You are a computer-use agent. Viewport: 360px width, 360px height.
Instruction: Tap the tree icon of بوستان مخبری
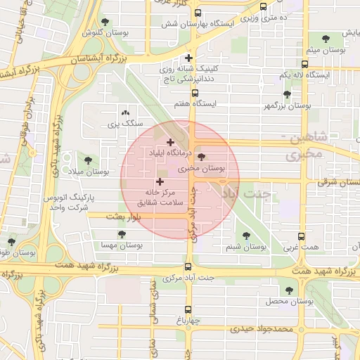click(202, 157)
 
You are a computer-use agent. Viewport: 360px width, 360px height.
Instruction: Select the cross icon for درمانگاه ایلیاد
click(170, 142)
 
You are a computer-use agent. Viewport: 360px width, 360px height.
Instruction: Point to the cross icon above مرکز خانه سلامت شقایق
click(160, 181)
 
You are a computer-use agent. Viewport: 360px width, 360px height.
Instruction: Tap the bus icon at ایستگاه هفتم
click(195, 92)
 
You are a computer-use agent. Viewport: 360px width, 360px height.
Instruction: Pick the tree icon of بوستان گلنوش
click(105, 22)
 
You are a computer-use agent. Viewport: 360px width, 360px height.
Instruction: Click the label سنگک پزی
click(124, 124)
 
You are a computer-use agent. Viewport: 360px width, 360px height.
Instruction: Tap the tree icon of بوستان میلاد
click(88, 160)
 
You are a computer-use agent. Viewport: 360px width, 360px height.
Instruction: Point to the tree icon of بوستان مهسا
click(122, 235)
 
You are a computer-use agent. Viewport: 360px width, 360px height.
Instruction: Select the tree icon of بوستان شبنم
click(245, 236)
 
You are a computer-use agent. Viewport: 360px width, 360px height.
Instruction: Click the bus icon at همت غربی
click(302, 236)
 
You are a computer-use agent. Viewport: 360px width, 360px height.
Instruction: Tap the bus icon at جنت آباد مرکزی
click(188, 266)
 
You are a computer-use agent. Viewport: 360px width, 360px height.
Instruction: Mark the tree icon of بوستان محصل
click(288, 290)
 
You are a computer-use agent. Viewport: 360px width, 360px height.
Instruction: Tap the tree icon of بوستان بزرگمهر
click(286, 94)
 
